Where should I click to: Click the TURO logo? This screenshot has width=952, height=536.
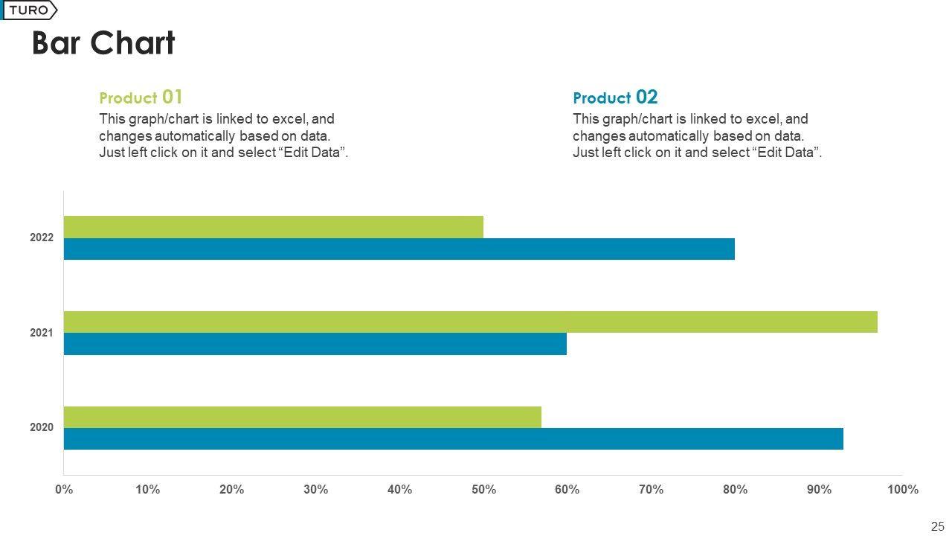(29, 10)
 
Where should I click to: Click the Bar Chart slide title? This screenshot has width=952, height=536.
(103, 43)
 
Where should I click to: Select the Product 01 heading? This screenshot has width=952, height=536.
(141, 98)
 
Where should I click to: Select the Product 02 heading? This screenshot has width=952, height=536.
(615, 98)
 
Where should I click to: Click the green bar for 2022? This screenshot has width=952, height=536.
(273, 227)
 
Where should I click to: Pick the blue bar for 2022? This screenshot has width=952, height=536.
(399, 249)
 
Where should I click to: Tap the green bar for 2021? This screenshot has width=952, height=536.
(470, 322)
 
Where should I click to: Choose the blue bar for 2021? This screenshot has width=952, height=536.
(315, 343)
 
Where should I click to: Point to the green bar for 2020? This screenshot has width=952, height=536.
(302, 417)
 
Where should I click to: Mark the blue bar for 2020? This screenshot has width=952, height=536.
(453, 438)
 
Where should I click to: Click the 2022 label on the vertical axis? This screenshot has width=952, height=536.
(42, 238)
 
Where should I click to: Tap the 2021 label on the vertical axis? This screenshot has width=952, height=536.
(42, 333)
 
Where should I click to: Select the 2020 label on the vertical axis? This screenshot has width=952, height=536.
(42, 428)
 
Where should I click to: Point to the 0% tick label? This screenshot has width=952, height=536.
(64, 490)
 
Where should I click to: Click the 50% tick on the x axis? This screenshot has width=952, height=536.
(483, 490)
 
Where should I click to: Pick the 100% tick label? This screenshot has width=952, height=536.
(903, 490)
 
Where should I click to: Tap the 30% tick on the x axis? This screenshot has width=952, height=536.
(316, 490)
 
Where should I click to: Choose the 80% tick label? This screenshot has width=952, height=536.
(735, 490)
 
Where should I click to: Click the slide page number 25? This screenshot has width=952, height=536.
(937, 526)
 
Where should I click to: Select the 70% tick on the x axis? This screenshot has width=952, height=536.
(651, 490)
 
